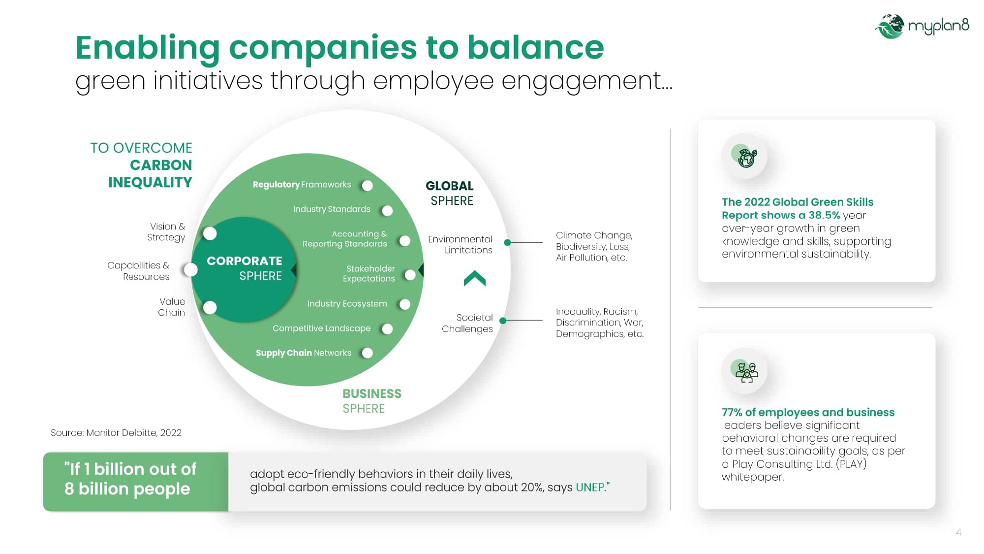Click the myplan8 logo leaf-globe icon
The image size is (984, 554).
point(890,26)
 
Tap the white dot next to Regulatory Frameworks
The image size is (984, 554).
point(367,186)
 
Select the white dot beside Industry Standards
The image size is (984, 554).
point(387,211)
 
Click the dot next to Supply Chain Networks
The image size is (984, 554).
point(367,353)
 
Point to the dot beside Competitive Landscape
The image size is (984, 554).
point(387,329)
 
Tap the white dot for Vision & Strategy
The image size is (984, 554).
point(210,233)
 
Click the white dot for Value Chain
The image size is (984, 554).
point(210,308)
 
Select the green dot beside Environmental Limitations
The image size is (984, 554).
point(507,242)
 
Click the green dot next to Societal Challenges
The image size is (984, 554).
point(503,321)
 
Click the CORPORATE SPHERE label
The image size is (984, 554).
point(245,268)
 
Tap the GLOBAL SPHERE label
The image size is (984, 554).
point(450,193)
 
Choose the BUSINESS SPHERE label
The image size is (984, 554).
point(372,401)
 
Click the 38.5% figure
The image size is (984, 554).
point(824,215)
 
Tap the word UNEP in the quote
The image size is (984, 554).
point(590,488)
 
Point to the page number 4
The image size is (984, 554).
point(958,532)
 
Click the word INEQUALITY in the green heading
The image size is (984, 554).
point(150,183)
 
